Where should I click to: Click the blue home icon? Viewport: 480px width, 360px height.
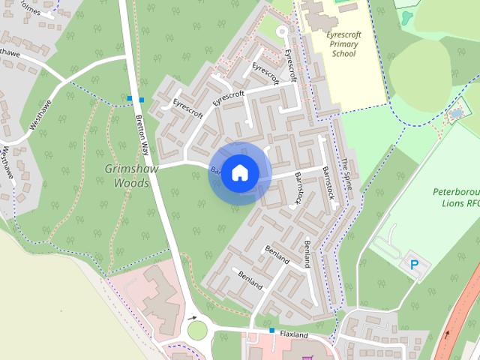point(239,172)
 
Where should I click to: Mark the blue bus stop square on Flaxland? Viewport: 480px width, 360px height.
point(271,330)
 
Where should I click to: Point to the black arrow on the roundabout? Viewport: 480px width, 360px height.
point(193,317)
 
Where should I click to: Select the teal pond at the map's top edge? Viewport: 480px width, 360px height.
point(407,15)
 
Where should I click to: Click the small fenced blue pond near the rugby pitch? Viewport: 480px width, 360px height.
point(456,115)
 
